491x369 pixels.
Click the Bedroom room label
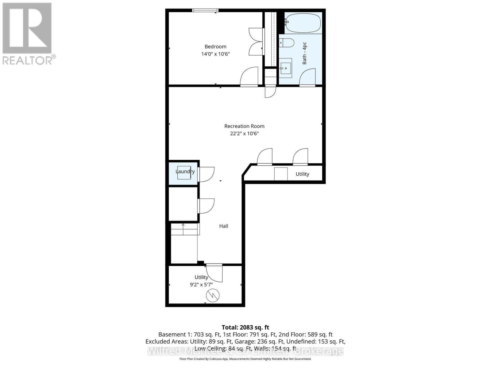[215, 47]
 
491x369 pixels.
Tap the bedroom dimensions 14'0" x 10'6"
[215, 54]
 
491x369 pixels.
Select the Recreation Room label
[244, 126]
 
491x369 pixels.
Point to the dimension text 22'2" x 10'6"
[244, 133]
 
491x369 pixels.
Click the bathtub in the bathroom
[303, 23]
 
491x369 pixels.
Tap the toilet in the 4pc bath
[287, 42]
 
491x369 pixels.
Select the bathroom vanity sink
[286, 68]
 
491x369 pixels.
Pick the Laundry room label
[185, 171]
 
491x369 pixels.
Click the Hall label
[224, 226]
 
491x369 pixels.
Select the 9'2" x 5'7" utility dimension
[201, 285]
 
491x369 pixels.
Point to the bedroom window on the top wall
[205, 10]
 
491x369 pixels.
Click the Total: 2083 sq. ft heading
[245, 327]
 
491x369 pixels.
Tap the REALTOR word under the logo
[28, 60]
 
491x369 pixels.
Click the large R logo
[27, 28]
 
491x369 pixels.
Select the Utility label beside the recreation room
[302, 174]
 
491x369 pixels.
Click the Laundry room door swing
[206, 174]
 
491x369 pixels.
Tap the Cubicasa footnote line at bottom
[245, 359]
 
